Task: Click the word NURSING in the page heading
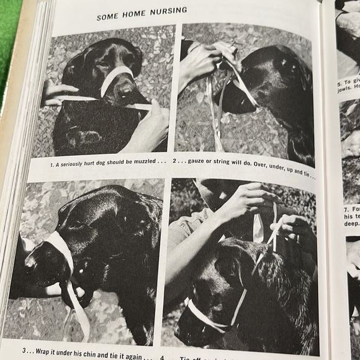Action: tap(164, 12)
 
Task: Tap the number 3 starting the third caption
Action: tap(25, 349)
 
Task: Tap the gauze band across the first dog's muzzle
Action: tap(116, 79)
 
